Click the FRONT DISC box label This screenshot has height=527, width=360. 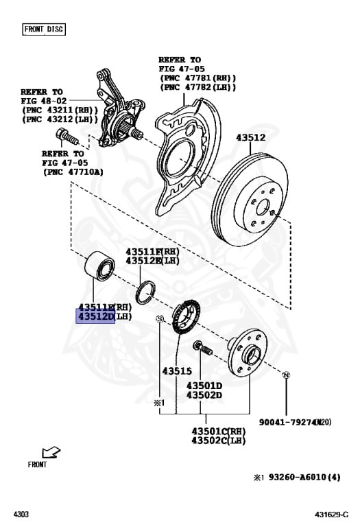(45, 29)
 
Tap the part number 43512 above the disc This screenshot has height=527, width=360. (251, 137)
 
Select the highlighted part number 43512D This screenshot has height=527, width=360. (95, 317)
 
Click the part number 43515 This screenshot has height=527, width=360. (176, 371)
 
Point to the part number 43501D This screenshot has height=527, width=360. (204, 385)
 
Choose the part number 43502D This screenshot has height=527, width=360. (204, 395)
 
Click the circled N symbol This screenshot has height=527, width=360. (287, 374)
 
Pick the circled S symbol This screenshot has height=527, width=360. (159, 319)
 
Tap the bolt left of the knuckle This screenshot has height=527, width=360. (65, 137)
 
